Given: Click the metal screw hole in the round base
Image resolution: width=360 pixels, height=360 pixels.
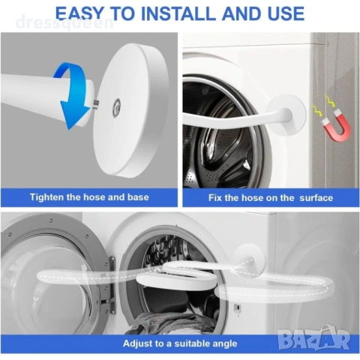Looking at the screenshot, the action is (116, 107).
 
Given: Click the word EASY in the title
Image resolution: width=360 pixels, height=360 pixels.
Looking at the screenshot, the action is (79, 13).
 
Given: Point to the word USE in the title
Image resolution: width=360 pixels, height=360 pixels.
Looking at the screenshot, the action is (286, 13).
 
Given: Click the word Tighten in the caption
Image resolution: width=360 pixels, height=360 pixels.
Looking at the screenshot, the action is (47, 197).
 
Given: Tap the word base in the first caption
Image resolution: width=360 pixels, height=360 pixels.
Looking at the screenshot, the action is (138, 197).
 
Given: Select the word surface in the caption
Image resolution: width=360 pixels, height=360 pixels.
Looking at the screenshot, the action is (316, 198).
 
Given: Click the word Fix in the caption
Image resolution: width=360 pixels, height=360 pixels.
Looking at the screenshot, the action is (215, 198).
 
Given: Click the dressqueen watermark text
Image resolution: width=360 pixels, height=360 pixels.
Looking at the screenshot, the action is (64, 23).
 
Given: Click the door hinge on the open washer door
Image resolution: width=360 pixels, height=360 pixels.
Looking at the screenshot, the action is (112, 285).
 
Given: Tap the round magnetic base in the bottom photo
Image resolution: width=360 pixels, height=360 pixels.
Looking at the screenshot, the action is (248, 260).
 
